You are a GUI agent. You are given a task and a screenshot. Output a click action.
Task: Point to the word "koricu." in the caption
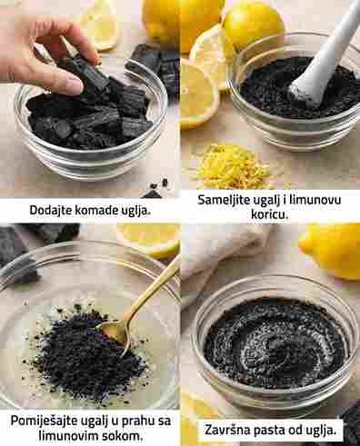[269, 214]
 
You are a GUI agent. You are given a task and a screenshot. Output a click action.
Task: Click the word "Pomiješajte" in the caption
[43, 421]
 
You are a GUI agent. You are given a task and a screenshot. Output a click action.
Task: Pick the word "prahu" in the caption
[131, 421]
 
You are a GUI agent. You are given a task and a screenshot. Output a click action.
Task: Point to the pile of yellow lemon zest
[232, 166]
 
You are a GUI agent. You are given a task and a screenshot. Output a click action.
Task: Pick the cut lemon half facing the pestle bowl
[198, 94]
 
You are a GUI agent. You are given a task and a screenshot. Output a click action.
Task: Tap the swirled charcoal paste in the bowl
[275, 343]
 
